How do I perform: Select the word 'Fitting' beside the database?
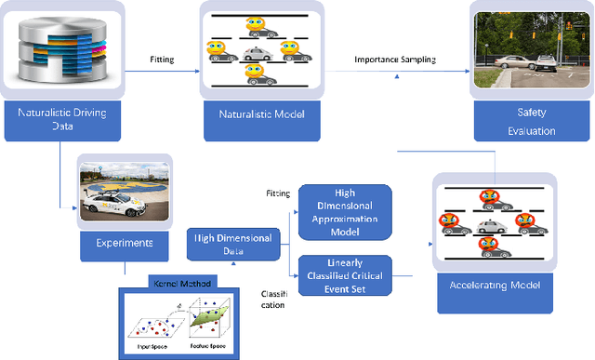coord(162,60)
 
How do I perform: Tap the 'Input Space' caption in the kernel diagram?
coord(148,349)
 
